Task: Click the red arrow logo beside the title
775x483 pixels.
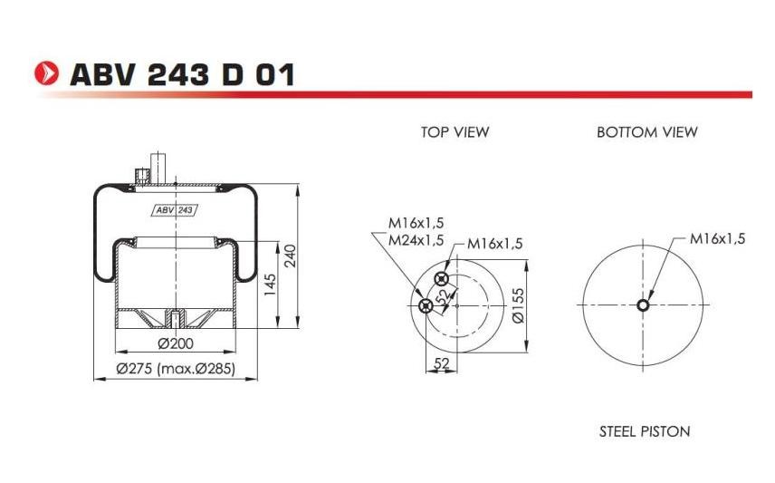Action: tap(46, 73)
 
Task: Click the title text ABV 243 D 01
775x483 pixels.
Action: tap(182, 74)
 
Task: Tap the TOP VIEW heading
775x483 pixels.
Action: tap(454, 132)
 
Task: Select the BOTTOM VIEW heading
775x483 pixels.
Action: tap(647, 132)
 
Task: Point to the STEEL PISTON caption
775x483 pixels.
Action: tap(645, 431)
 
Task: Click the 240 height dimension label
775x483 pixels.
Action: tap(291, 256)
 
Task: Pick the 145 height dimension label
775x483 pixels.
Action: tap(270, 285)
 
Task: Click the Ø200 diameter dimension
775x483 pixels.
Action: tap(176, 343)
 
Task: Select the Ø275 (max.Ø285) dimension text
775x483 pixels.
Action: tap(176, 369)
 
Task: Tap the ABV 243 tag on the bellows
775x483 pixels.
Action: tap(174, 210)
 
